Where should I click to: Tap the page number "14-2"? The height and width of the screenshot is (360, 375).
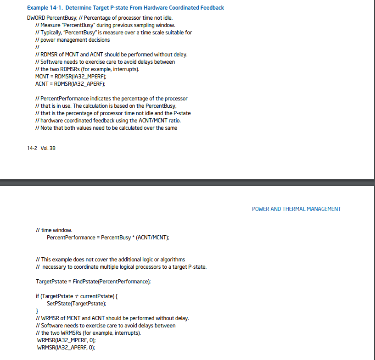pos(33,148)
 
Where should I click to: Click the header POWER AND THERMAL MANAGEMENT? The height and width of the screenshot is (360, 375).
pos(296,209)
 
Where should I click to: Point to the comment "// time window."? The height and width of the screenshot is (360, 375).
pos(54,230)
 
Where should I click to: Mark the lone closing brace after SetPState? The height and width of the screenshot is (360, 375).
pos(37,311)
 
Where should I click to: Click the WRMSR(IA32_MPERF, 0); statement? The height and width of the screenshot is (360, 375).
pos(66,340)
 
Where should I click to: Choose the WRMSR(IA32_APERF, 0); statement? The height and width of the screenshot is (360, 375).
pos(66,348)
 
